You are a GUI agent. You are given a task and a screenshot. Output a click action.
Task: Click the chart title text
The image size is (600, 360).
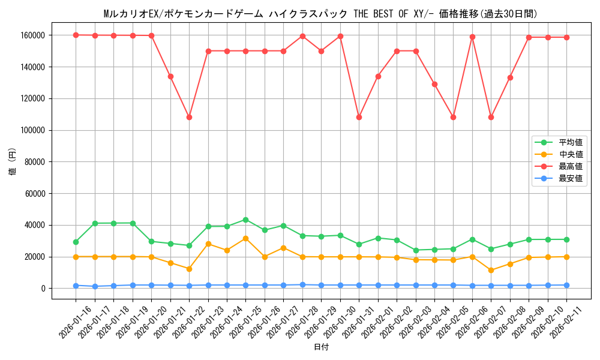click(320, 14)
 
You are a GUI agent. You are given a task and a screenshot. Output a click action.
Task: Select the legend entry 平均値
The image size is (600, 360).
click(570, 142)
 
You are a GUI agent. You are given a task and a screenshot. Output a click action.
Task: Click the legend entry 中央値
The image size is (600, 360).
click(570, 154)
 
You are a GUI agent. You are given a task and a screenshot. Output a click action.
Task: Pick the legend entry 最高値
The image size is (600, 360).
click(570, 166)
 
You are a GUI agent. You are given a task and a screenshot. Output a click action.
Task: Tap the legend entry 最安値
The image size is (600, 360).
click(570, 178)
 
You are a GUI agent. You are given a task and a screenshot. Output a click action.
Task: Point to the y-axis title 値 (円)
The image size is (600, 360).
click(13, 161)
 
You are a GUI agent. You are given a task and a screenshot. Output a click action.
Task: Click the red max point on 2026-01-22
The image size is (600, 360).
click(189, 117)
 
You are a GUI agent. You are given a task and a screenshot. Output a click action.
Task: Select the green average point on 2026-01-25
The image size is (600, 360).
click(245, 220)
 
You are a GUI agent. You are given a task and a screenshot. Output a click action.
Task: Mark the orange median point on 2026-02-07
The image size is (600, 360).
click(491, 270)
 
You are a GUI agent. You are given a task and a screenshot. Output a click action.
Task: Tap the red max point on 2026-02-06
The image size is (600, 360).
click(472, 37)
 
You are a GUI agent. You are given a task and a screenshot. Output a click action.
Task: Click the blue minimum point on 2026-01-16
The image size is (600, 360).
click(76, 286)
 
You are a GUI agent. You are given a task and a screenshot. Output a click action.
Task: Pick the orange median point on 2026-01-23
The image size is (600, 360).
click(208, 244)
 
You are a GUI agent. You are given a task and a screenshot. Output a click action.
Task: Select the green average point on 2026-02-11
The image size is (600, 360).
click(566, 239)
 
